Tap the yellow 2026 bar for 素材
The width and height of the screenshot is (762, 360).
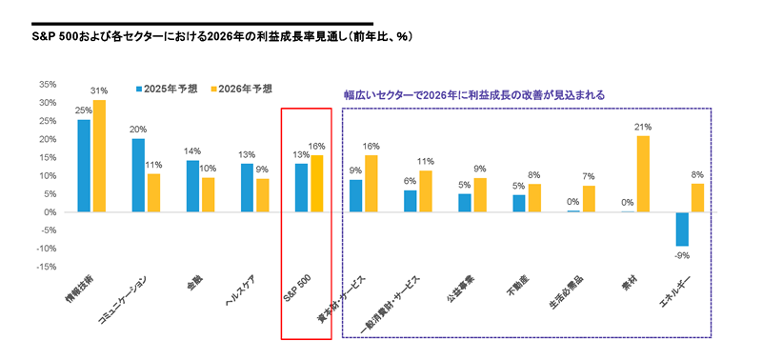click(643, 173)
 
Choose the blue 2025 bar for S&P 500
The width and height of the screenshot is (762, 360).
click(302, 188)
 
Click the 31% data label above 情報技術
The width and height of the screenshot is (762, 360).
click(100, 91)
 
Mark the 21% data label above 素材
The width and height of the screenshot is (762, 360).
click(644, 128)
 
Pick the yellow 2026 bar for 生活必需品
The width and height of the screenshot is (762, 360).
click(589, 198)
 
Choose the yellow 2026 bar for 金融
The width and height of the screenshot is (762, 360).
click(208, 194)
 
